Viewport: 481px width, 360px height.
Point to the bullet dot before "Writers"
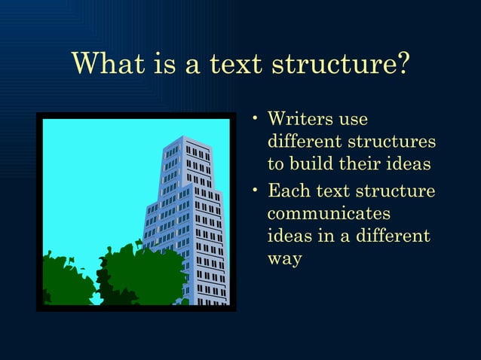(x=257, y=119)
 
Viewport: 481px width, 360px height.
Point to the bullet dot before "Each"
(x=257, y=189)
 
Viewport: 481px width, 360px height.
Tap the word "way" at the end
(x=284, y=260)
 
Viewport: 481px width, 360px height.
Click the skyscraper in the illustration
(x=188, y=218)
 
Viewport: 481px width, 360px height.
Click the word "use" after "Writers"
(x=354, y=119)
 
